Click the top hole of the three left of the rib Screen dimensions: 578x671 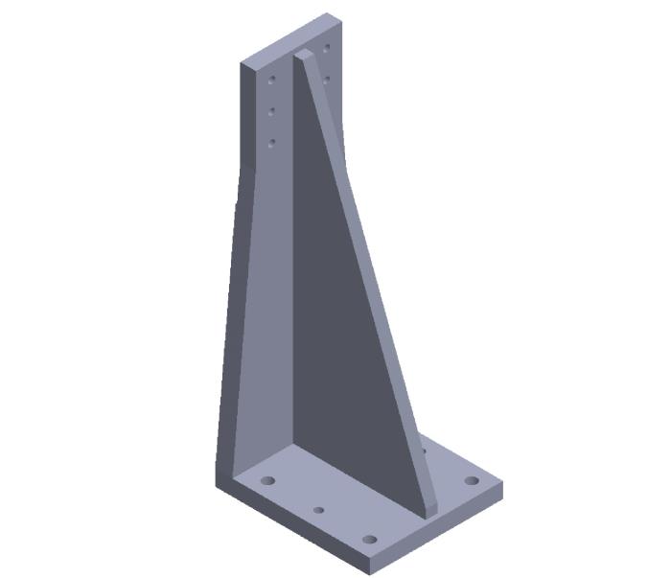[x=272, y=80]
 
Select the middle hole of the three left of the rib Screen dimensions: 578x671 [x=272, y=111]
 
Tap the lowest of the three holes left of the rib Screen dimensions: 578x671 [x=272, y=143]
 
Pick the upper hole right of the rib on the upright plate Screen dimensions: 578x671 [x=327, y=47]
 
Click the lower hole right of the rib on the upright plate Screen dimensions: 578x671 [x=327, y=78]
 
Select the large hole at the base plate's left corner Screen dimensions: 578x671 [x=268, y=479]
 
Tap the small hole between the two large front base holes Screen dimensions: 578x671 [x=319, y=510]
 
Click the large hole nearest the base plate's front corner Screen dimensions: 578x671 [x=370, y=539]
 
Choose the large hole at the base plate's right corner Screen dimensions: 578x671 [x=471, y=480]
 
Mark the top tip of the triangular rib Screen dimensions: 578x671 [x=302, y=53]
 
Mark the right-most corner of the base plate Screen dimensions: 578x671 [x=502, y=485]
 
